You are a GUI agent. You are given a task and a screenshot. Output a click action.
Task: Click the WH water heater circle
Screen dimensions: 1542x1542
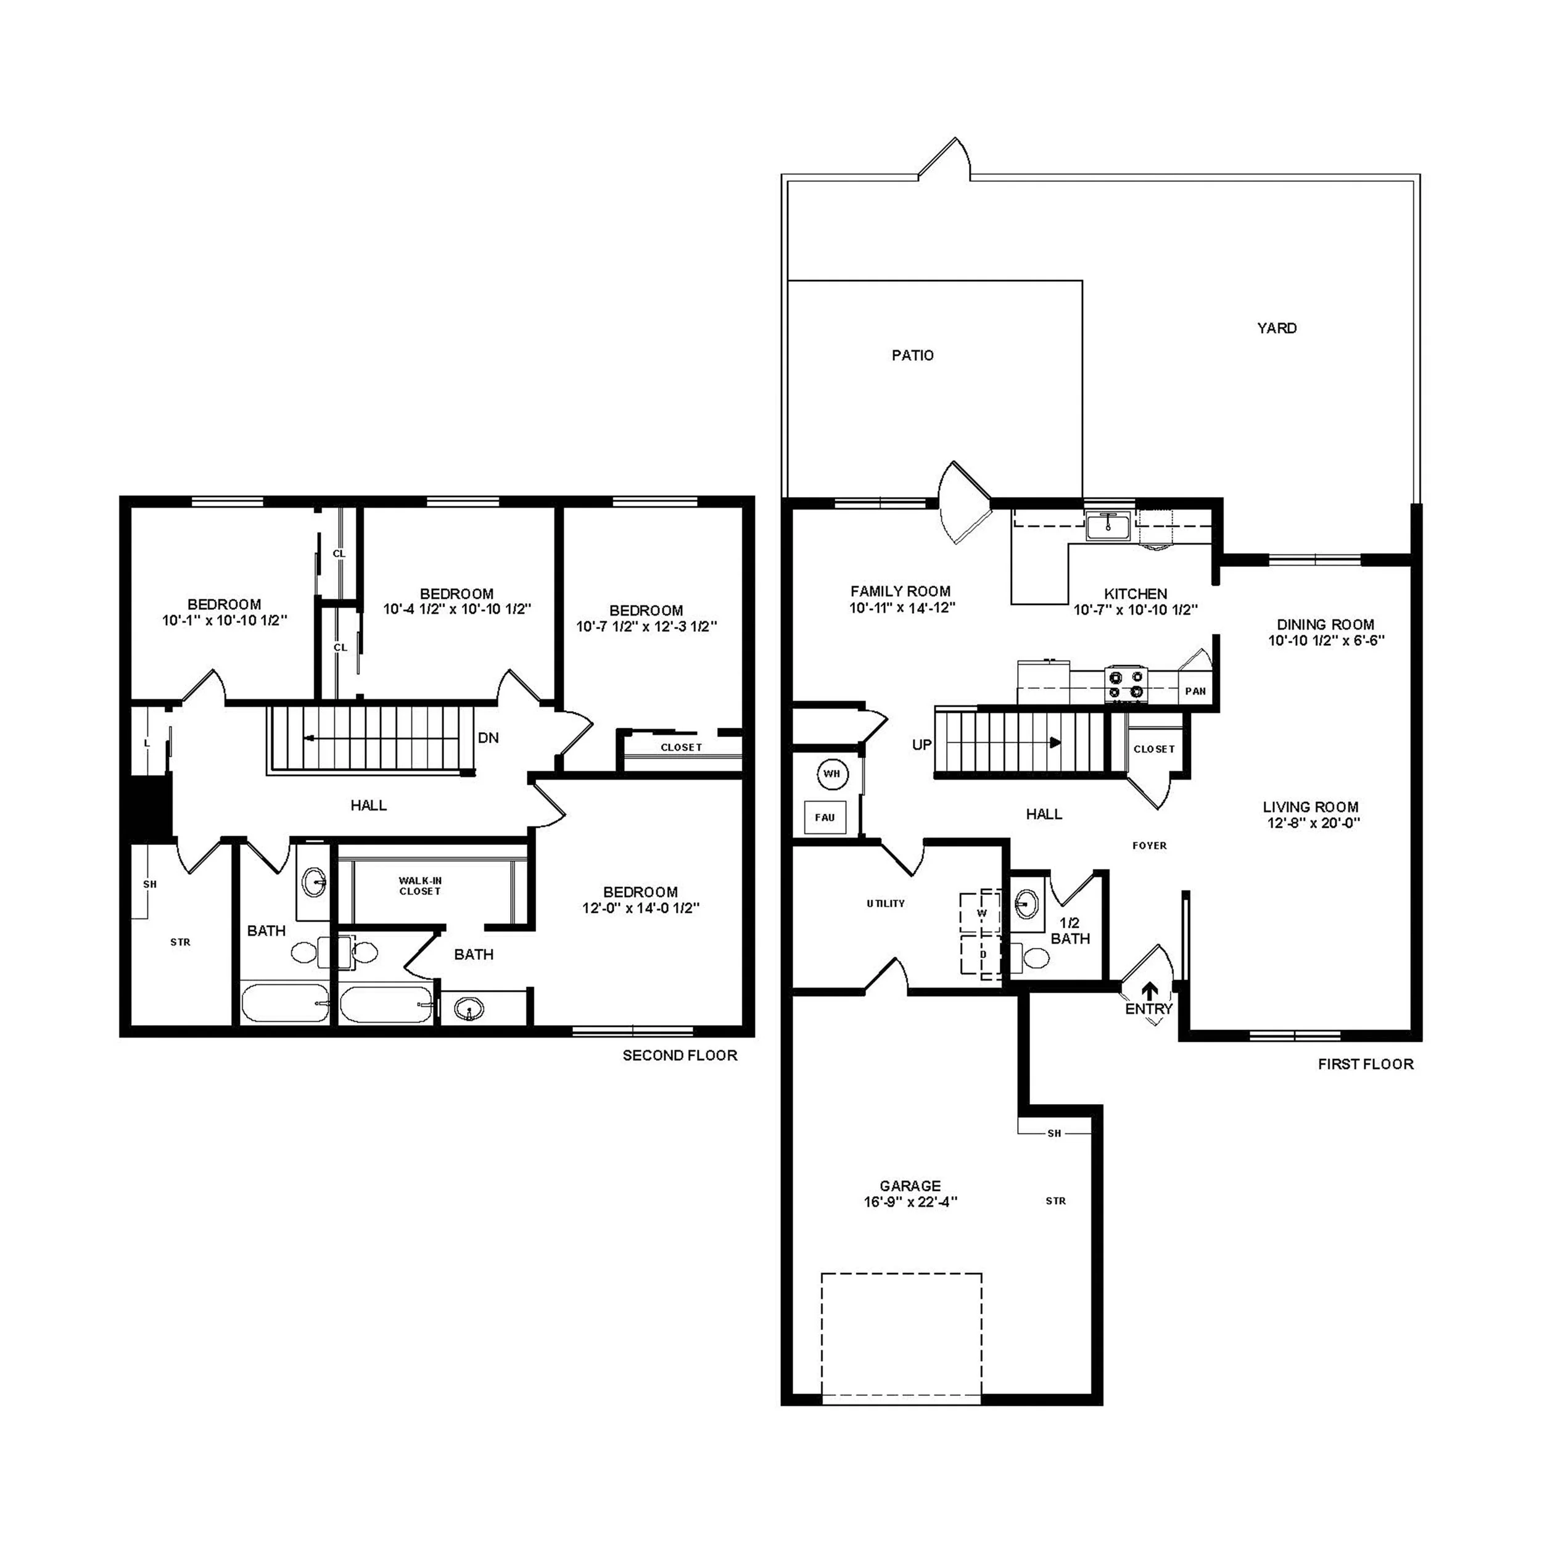tap(831, 773)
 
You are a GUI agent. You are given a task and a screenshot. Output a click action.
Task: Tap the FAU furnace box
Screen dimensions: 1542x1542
tap(825, 817)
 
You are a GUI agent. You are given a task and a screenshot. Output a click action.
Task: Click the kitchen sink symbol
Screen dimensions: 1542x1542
tap(1108, 526)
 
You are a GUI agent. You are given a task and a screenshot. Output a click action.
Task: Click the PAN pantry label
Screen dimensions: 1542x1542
tap(1195, 691)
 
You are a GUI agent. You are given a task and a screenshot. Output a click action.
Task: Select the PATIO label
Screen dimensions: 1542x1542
tap(912, 355)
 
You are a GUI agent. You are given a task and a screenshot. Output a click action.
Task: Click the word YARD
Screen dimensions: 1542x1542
tap(1276, 328)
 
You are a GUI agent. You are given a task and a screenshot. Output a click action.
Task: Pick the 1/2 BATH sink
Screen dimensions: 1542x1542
tap(1027, 904)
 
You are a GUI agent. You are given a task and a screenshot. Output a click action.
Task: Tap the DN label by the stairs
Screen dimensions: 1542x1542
tap(489, 738)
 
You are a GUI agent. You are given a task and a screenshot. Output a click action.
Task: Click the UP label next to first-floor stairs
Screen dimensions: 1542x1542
tap(922, 744)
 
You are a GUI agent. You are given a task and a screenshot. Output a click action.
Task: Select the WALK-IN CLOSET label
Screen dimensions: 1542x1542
tap(420, 886)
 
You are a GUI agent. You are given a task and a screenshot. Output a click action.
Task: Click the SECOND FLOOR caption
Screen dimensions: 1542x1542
tap(679, 1055)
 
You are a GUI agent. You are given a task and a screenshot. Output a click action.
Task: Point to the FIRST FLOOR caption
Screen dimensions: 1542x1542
tap(1365, 1064)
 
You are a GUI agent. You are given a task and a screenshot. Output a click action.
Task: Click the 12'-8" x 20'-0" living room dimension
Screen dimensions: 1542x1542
tap(1313, 823)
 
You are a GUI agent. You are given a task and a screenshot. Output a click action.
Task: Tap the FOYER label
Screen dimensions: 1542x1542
tap(1148, 845)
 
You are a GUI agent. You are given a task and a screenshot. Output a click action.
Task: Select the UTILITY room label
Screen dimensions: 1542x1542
tap(885, 904)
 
